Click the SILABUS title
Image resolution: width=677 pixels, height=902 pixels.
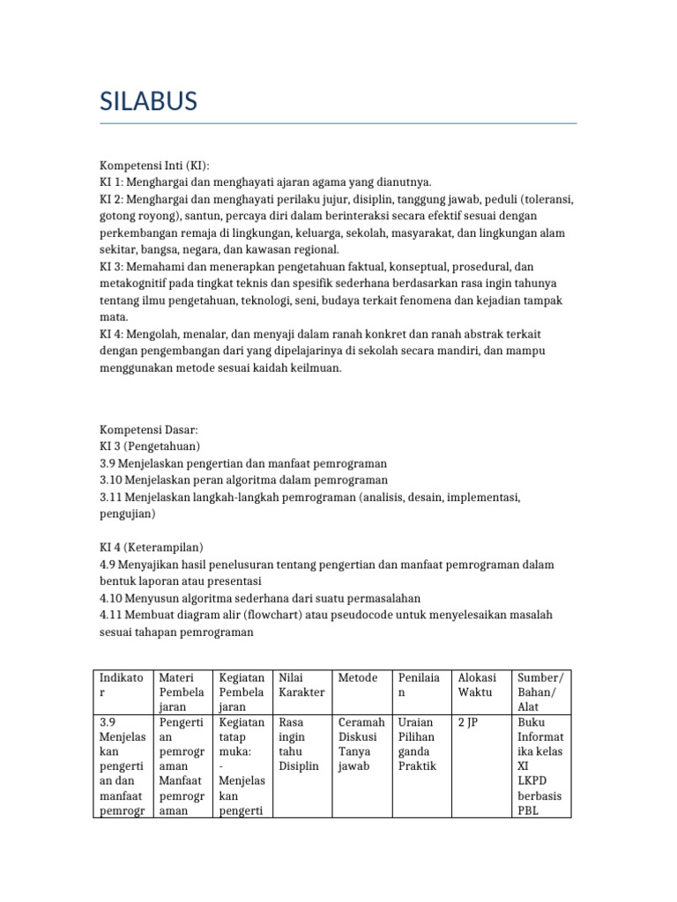tap(148, 101)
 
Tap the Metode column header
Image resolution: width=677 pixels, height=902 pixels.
tap(358, 677)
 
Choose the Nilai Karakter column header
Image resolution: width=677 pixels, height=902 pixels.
tap(301, 685)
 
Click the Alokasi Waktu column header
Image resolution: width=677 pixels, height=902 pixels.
tap(477, 685)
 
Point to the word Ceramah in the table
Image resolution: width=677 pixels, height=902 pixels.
tap(361, 722)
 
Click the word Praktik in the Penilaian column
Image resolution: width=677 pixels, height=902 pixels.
tap(417, 766)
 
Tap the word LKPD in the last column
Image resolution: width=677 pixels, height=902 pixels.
tap(532, 781)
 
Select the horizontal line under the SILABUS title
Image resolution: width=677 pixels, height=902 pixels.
tap(338, 124)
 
